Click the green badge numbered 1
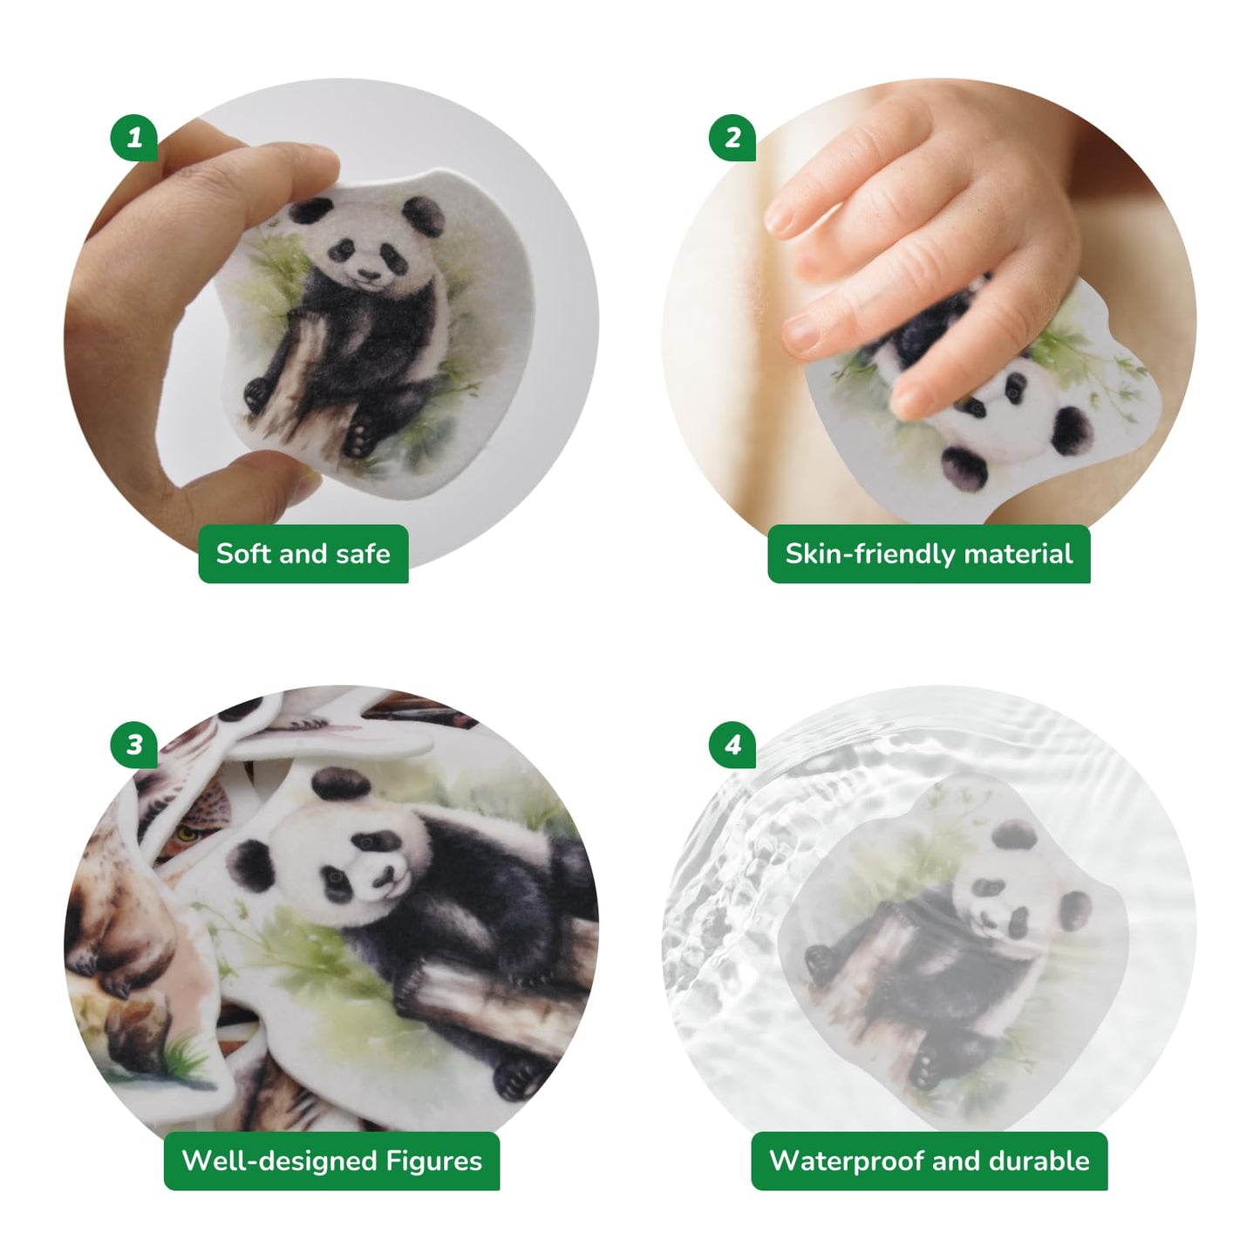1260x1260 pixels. click(134, 137)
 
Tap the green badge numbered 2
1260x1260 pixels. click(732, 137)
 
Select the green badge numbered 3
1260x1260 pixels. click(134, 745)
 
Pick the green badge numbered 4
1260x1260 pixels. click(732, 745)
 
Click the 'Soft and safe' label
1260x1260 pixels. click(303, 554)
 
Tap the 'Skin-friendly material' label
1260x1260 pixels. click(929, 554)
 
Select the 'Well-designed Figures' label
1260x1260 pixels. click(331, 1161)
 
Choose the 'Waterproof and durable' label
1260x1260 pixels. click(930, 1161)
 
